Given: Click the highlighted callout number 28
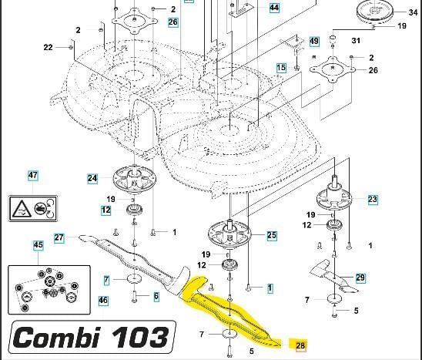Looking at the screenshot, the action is pyautogui.click(x=300, y=345).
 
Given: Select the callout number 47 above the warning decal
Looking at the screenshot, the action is pyautogui.click(x=33, y=176).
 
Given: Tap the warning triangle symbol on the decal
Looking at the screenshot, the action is pyautogui.click(x=22, y=209).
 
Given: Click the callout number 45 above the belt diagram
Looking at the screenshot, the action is pyautogui.click(x=38, y=245).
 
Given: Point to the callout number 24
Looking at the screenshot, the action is pyautogui.click(x=92, y=178).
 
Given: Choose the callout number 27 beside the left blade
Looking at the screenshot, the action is pyautogui.click(x=59, y=237).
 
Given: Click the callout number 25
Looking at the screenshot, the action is pyautogui.click(x=272, y=236).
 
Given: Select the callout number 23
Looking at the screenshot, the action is pyautogui.click(x=373, y=200).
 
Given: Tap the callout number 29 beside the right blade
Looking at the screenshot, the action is pyautogui.click(x=360, y=278).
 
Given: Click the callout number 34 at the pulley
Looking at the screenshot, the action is pyautogui.click(x=413, y=12).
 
